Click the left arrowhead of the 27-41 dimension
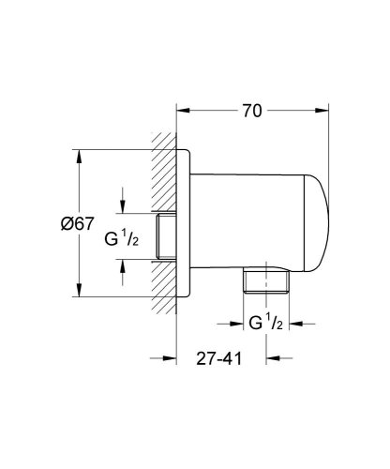(x=172, y=358)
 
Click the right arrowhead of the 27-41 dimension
(x=271, y=358)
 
